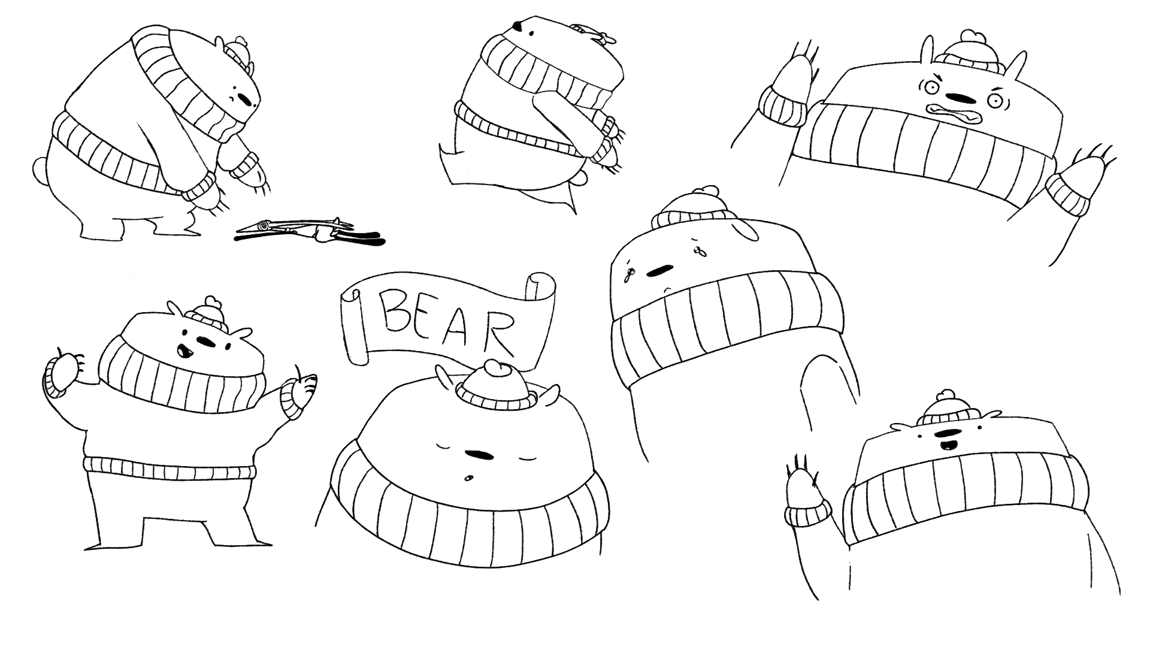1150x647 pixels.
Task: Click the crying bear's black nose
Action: [x=658, y=271]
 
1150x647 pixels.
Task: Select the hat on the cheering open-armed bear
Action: [x=208, y=316]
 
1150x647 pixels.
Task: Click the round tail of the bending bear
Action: [x=40, y=170]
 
